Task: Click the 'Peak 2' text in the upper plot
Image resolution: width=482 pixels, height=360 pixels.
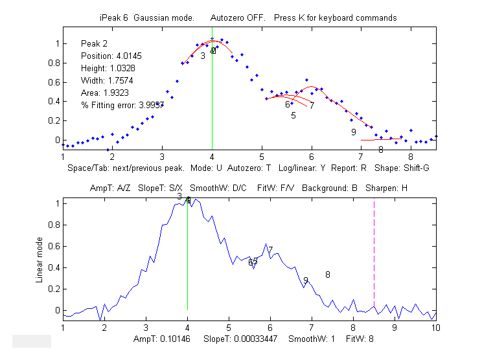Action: click(94, 43)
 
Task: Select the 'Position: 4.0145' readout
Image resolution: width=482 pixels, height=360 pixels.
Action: click(109, 56)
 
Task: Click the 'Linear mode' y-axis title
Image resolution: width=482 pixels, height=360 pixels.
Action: click(40, 258)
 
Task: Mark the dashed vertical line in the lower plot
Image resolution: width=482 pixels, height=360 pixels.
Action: click(374, 259)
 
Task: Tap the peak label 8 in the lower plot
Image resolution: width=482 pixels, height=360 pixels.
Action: click(328, 275)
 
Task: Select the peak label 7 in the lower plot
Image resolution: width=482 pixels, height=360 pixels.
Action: click(270, 250)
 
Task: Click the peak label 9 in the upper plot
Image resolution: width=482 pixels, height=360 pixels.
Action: click(353, 132)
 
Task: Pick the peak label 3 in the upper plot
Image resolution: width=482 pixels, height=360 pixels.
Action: click(203, 56)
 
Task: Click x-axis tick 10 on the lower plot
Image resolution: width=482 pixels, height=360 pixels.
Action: click(436, 328)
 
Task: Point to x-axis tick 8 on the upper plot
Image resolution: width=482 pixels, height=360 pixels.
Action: click(411, 157)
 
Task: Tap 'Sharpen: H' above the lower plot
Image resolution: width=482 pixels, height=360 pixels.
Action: click(386, 188)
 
